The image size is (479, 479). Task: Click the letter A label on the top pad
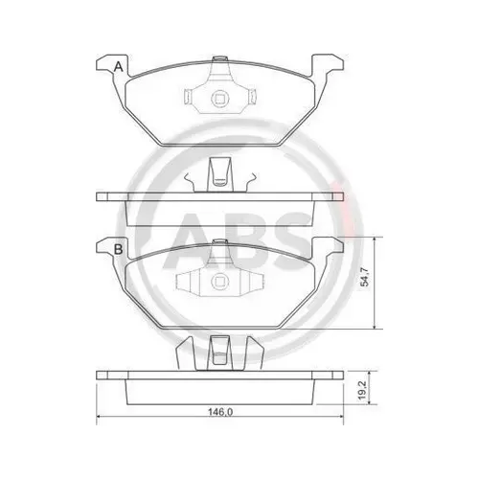(119, 67)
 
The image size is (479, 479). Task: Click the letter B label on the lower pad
(118, 249)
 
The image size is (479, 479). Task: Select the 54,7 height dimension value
(365, 277)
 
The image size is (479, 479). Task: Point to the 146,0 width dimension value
(220, 412)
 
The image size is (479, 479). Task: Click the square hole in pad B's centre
(220, 282)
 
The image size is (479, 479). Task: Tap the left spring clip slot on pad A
(188, 96)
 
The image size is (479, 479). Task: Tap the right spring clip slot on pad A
(253, 96)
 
